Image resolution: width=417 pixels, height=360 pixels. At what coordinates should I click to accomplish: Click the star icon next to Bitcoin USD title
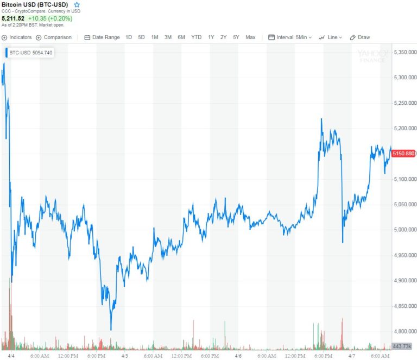(x=77, y=5)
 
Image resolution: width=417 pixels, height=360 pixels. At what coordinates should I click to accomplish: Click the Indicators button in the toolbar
(x=17, y=37)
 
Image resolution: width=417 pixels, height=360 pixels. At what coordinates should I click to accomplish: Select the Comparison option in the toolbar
(x=54, y=37)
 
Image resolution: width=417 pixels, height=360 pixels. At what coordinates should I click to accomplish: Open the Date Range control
(x=102, y=37)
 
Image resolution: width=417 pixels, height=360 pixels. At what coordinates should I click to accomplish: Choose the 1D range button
(x=129, y=37)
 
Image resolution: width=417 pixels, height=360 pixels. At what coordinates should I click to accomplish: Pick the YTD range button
(x=197, y=37)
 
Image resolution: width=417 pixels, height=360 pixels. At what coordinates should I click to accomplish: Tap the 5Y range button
(x=236, y=37)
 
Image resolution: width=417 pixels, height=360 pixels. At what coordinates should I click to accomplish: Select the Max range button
(x=250, y=37)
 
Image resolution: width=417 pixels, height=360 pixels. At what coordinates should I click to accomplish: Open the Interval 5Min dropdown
(x=290, y=37)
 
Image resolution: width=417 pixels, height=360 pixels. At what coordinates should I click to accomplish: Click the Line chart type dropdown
(x=331, y=37)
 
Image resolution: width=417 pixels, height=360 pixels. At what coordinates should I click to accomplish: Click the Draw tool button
(x=360, y=37)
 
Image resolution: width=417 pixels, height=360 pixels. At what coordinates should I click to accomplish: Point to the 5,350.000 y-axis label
(x=405, y=53)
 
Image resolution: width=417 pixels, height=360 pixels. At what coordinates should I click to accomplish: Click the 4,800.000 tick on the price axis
(x=405, y=331)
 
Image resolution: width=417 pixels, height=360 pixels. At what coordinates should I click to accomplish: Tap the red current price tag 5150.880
(x=403, y=154)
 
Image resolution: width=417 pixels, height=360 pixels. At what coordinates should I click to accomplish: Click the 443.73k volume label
(x=403, y=346)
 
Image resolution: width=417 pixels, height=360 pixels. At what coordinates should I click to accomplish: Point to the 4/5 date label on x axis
(x=124, y=356)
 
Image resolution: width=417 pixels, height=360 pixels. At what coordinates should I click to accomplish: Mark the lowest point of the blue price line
(x=111, y=330)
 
